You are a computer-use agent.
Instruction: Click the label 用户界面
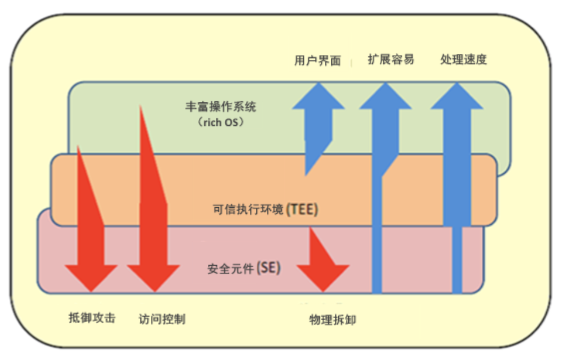[x=317, y=60]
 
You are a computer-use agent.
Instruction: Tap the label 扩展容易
[x=391, y=59]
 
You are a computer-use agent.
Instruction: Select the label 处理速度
[x=463, y=59]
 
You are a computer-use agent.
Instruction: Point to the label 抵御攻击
[x=92, y=318]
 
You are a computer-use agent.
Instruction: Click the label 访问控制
[x=162, y=319]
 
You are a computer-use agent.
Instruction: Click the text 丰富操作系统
[x=221, y=108]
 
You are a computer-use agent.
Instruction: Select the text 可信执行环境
[x=248, y=210]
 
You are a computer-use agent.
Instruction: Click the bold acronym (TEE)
[x=302, y=210]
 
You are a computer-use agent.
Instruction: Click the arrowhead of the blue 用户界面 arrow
[x=318, y=96]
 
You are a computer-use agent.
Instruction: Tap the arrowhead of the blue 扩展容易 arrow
[x=385, y=96]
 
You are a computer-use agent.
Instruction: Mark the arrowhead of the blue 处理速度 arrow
[x=457, y=96]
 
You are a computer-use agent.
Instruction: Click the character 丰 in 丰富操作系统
[x=191, y=108]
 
